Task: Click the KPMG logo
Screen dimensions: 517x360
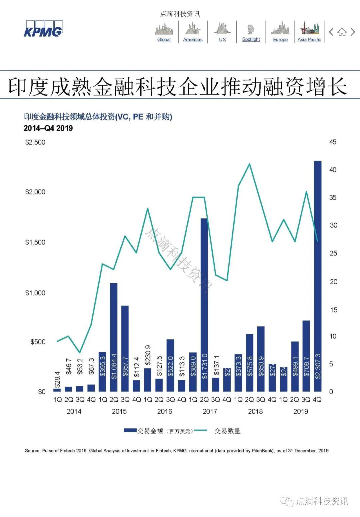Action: pos(43,29)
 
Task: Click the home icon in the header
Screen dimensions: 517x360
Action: pos(342,32)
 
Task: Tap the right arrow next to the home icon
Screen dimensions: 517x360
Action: pos(353,32)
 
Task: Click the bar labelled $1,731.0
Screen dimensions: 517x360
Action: pos(204,305)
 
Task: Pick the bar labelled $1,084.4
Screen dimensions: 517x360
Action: pos(114,337)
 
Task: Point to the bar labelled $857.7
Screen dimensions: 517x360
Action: pos(125,348)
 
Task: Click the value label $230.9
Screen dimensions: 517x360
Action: pos(148,355)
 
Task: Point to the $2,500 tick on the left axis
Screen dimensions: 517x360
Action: pos(35,142)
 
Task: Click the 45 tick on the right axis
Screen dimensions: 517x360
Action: pos(333,142)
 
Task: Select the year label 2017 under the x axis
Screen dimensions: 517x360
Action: pos(210,411)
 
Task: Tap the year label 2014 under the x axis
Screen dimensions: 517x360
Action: pos(74,411)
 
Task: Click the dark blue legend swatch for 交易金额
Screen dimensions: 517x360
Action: pos(130,431)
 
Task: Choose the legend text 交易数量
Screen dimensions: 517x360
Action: pos(227,431)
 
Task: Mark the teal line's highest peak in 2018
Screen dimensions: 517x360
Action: pos(249,164)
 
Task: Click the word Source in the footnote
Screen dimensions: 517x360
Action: pos(32,451)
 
